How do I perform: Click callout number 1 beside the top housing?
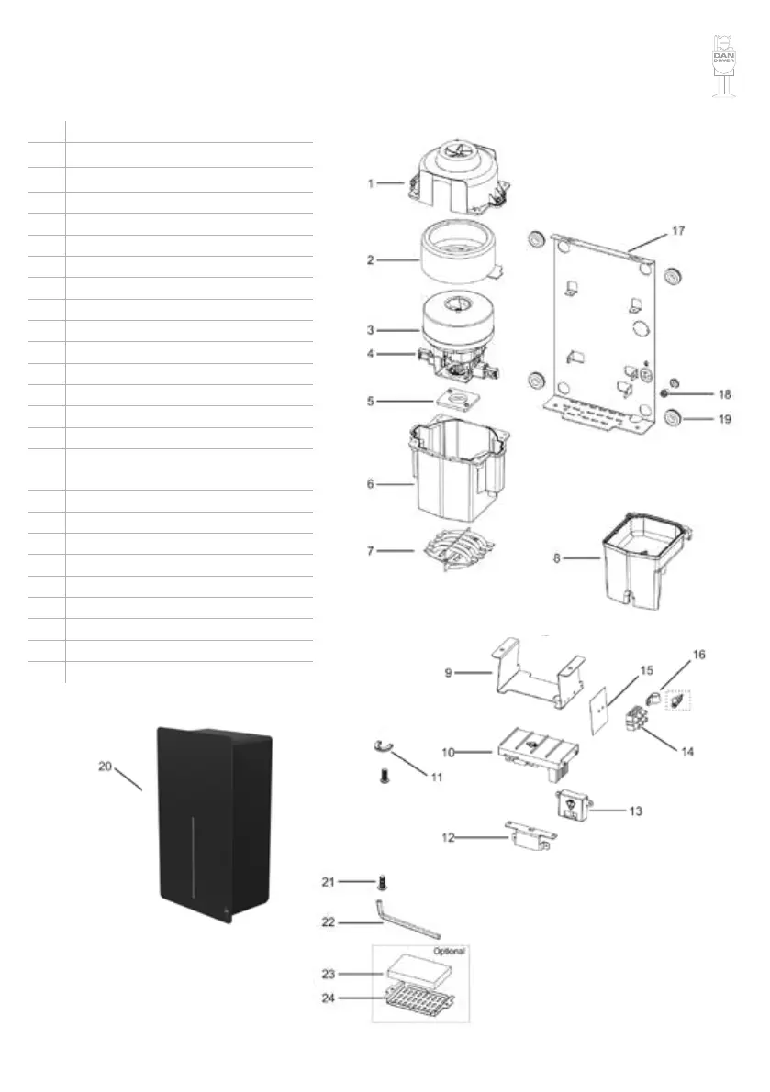[x=371, y=183]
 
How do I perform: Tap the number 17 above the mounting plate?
[x=676, y=231]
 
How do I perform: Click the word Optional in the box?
[x=449, y=951]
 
